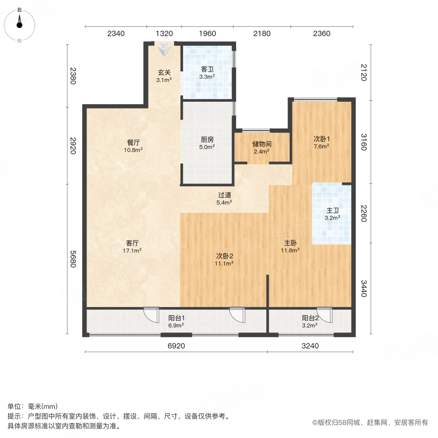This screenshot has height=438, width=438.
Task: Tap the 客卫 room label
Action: pos(207,73)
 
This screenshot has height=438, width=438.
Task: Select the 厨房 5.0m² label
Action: pos(207,143)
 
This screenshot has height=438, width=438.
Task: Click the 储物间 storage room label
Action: pos(262,147)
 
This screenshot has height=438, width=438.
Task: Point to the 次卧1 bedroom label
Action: pos(321,142)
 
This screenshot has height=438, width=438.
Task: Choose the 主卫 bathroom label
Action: pos(332,214)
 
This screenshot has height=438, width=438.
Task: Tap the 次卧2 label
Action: pos(225,259)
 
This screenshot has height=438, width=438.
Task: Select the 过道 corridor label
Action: pos(224,199)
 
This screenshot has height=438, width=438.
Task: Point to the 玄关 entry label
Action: pos(164,76)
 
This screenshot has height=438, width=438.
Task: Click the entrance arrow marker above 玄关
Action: pos(164,48)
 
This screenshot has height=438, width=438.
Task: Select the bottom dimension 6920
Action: pos(176,346)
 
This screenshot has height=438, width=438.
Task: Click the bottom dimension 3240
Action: pos(310,346)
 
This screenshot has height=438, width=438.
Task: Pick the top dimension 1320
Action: pos(164,34)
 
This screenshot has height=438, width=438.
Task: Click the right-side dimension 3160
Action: pos(363,141)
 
